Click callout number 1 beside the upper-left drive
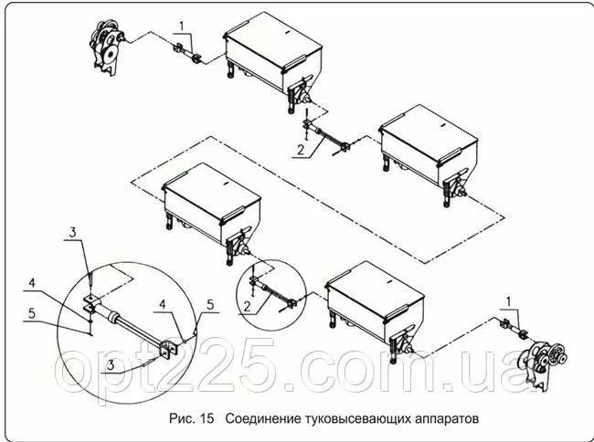(x=182, y=26)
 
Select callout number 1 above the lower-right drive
(x=509, y=301)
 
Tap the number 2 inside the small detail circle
(x=247, y=306)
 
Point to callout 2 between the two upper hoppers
(x=301, y=150)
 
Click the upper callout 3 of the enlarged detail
(x=72, y=233)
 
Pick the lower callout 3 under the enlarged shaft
(x=111, y=365)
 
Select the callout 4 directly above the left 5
(x=32, y=283)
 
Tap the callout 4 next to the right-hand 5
(x=162, y=305)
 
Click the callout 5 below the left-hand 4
(x=32, y=313)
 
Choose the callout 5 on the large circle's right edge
(x=210, y=305)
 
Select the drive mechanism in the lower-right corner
(x=543, y=364)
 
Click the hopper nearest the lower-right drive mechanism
(x=376, y=310)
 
